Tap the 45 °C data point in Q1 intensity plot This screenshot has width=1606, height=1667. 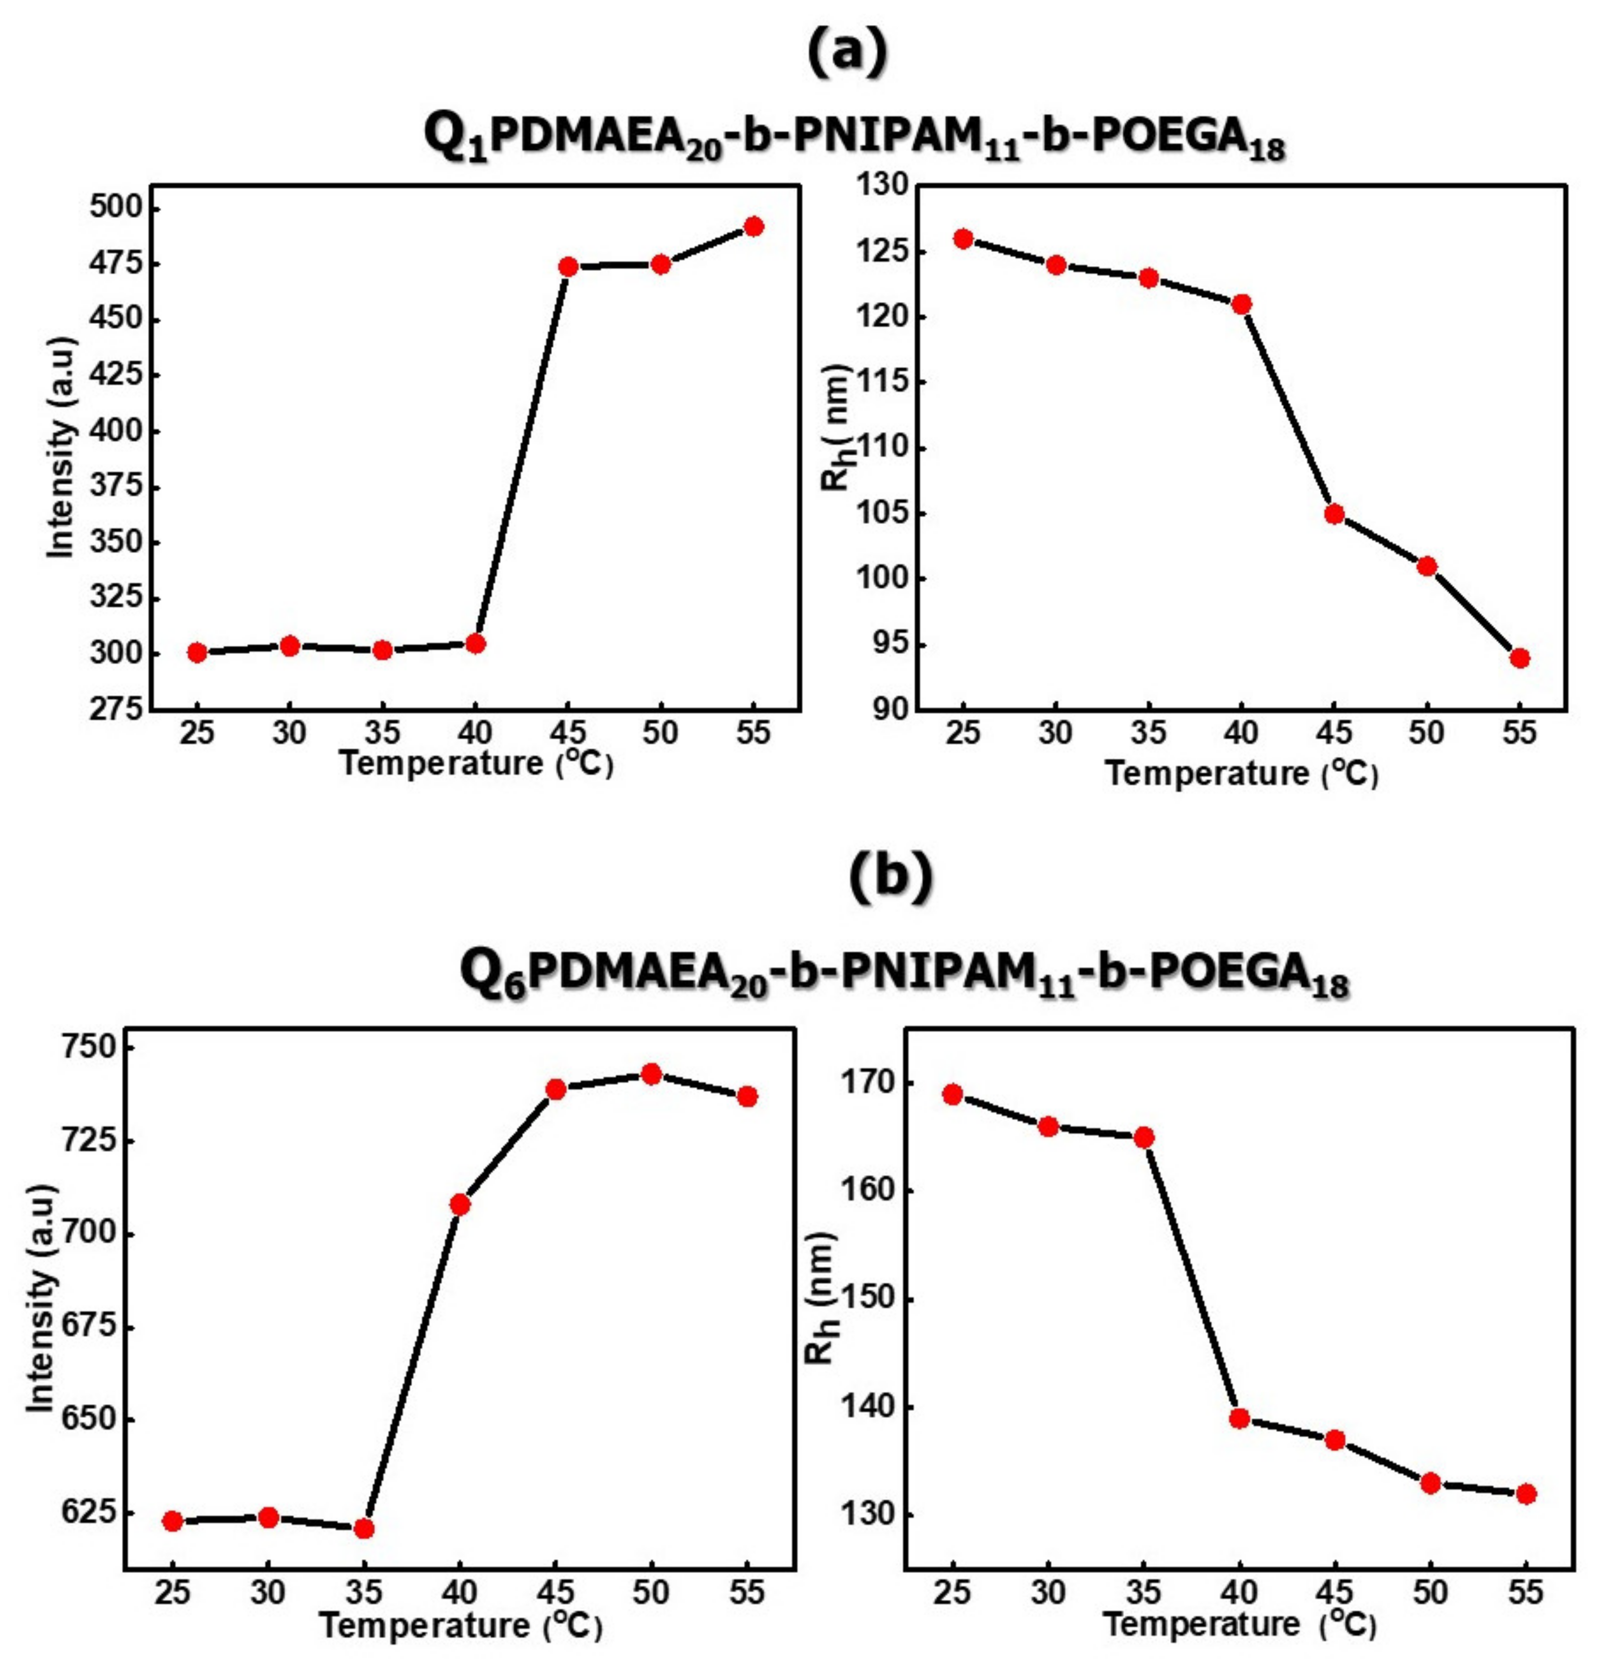point(569,267)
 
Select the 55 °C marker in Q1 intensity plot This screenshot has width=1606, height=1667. point(753,226)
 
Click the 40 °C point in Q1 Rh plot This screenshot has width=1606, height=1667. point(1241,304)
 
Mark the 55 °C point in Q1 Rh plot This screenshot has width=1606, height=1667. point(1520,658)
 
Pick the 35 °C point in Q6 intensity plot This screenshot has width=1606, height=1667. point(364,1528)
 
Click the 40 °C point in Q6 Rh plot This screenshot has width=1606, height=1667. point(1240,1418)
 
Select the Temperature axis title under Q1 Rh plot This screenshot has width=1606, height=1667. point(1241,773)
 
